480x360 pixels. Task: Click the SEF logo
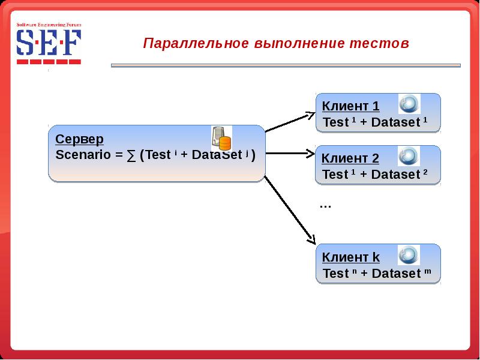[49, 44]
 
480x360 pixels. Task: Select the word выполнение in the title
[299, 44]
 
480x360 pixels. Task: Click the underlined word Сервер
[80, 139]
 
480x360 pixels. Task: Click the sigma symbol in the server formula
[131, 155]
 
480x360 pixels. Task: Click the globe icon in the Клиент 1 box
[410, 104]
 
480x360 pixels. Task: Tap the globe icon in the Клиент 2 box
[410, 156]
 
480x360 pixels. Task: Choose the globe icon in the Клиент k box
[410, 254]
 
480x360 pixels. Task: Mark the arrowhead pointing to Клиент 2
[310, 154]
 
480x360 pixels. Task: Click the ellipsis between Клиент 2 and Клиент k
[326, 206]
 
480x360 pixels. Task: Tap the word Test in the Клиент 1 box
[335, 122]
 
